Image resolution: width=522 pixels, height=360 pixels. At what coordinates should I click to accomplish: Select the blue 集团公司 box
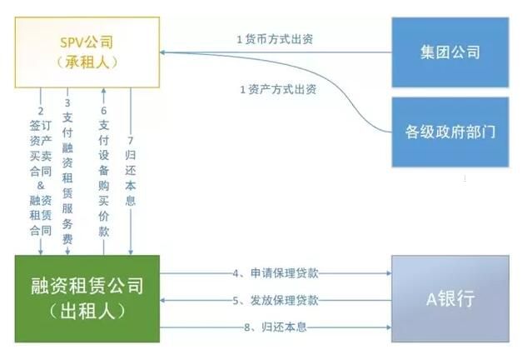[x=450, y=52]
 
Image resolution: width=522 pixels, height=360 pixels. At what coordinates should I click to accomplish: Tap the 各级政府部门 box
[x=450, y=132]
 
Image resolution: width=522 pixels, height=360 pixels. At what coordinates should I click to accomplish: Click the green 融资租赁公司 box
[x=82, y=298]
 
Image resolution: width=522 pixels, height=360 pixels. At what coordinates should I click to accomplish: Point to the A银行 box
[x=450, y=298]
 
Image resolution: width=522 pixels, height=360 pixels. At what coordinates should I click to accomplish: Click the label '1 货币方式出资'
[x=276, y=39]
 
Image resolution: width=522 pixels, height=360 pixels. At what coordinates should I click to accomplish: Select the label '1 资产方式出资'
[x=276, y=88]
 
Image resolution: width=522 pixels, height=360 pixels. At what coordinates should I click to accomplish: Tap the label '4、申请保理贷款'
[x=276, y=272]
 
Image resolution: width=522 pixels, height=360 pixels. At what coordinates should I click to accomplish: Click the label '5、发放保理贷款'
[x=276, y=299]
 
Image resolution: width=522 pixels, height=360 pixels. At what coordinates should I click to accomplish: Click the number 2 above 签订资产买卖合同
[x=41, y=109]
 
